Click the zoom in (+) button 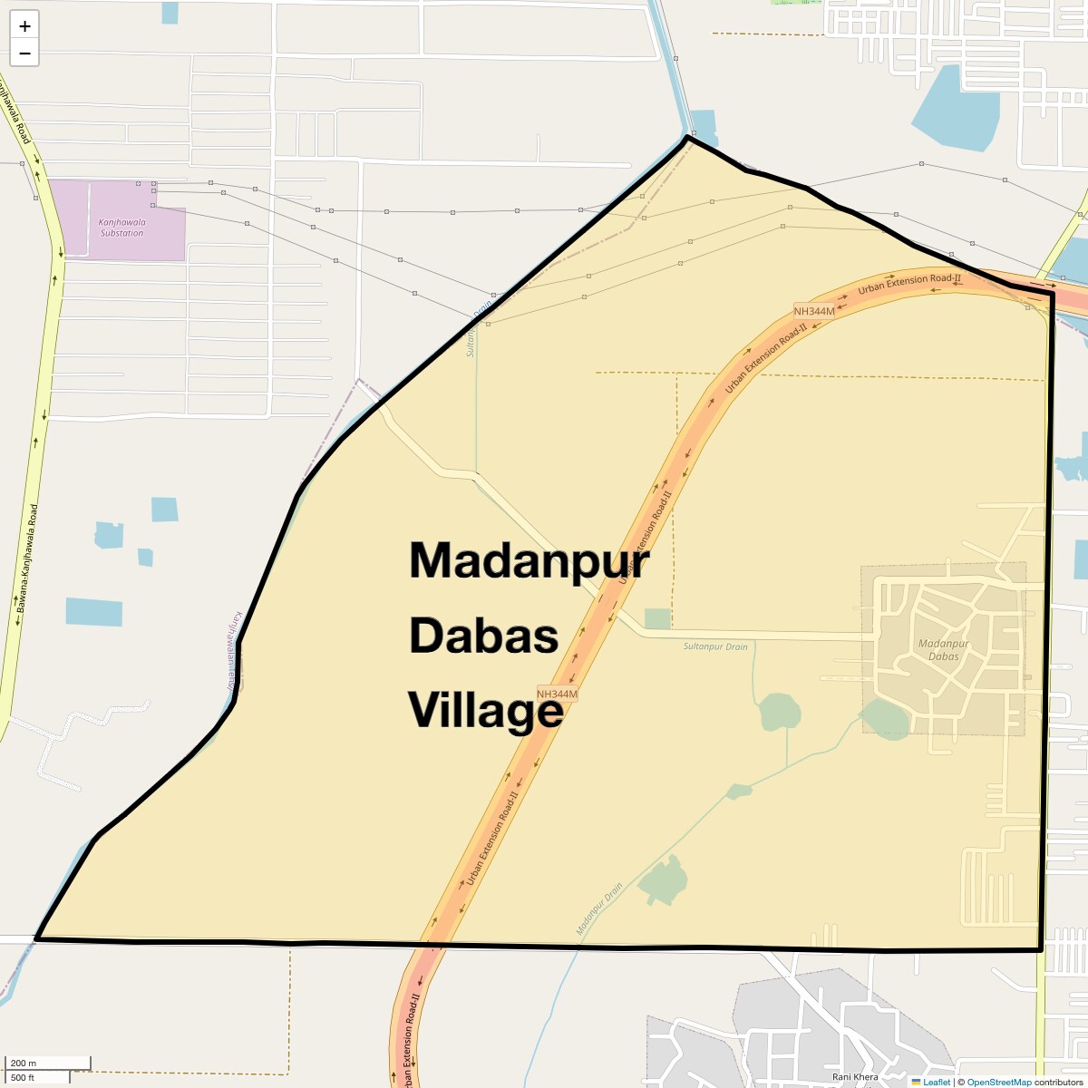coord(24,26)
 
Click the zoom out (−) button coord(24,53)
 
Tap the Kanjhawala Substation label coord(121,227)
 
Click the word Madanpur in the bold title coord(529,560)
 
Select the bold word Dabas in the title coord(483,636)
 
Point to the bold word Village coord(485,710)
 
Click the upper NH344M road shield coord(813,311)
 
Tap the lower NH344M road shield coord(557,695)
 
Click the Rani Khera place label coord(855,1077)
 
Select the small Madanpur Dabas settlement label coord(944,650)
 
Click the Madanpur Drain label coord(599,909)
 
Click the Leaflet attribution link coord(937,1083)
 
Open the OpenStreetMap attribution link coord(998,1083)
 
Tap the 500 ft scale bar coord(36,1077)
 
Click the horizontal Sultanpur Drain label coord(715,646)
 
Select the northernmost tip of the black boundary coord(688,137)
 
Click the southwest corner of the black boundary coord(37,938)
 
